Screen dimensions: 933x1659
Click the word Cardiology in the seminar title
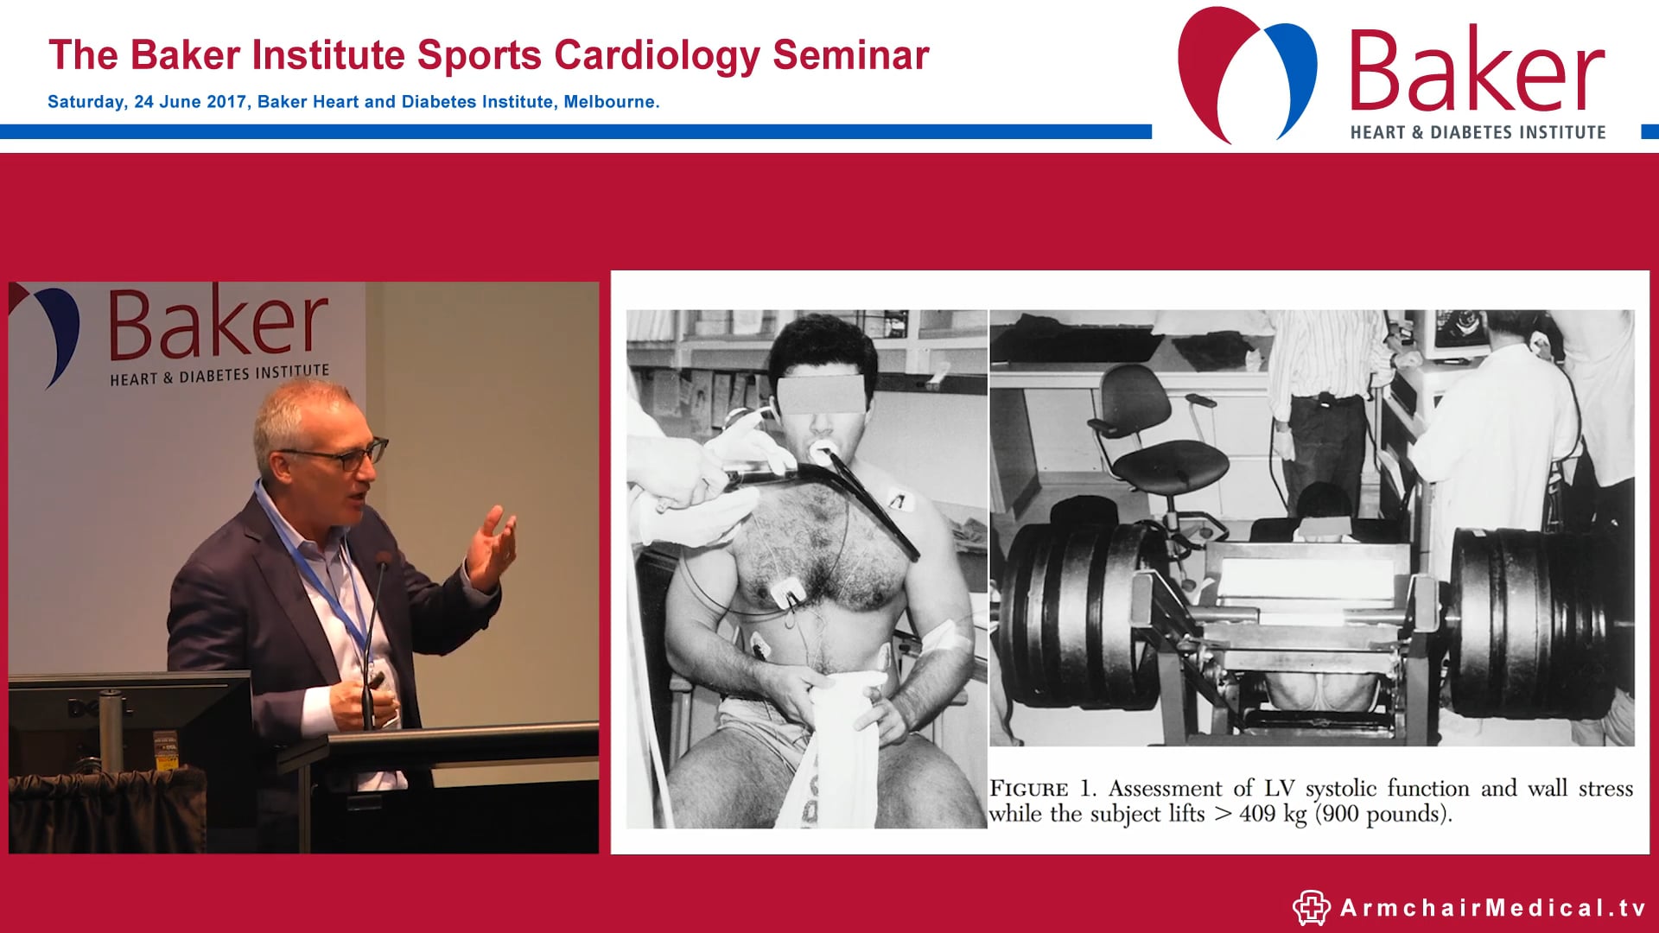click(658, 55)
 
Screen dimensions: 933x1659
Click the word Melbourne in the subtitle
click(609, 102)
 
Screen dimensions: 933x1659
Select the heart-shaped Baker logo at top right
click(1246, 73)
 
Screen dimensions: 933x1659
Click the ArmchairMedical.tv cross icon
click(1311, 908)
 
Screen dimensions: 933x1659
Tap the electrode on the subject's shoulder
click(898, 499)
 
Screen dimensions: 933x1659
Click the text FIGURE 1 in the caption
click(1041, 789)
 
